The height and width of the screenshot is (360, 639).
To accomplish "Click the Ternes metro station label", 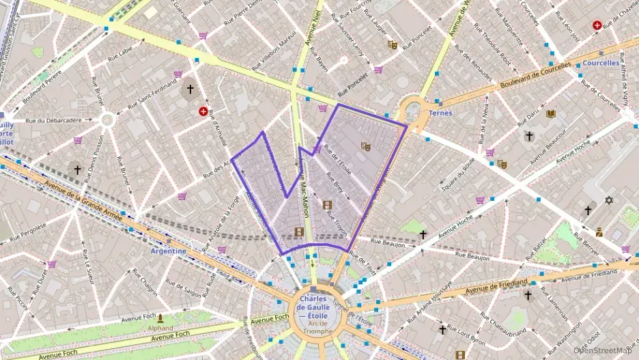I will click(x=440, y=113).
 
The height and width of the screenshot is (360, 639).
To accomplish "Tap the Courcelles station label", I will click(x=601, y=63).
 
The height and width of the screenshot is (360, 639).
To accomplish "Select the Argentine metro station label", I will click(x=168, y=251).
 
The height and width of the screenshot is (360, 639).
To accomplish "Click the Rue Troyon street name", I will click(x=337, y=223).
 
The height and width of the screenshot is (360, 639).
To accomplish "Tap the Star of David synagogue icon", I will click(x=609, y=200).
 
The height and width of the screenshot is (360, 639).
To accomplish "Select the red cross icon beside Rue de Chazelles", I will click(x=597, y=25).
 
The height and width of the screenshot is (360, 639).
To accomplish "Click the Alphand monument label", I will click(x=160, y=327).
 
